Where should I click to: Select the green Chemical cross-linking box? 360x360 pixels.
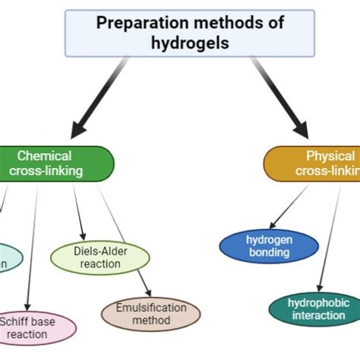click(x=53, y=163)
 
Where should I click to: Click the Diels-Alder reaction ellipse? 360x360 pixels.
click(x=99, y=257)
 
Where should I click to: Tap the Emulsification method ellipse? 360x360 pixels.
click(x=150, y=314)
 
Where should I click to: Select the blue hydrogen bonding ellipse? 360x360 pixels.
click(x=269, y=246)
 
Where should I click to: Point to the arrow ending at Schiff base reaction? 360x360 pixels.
click(x=32, y=243)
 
